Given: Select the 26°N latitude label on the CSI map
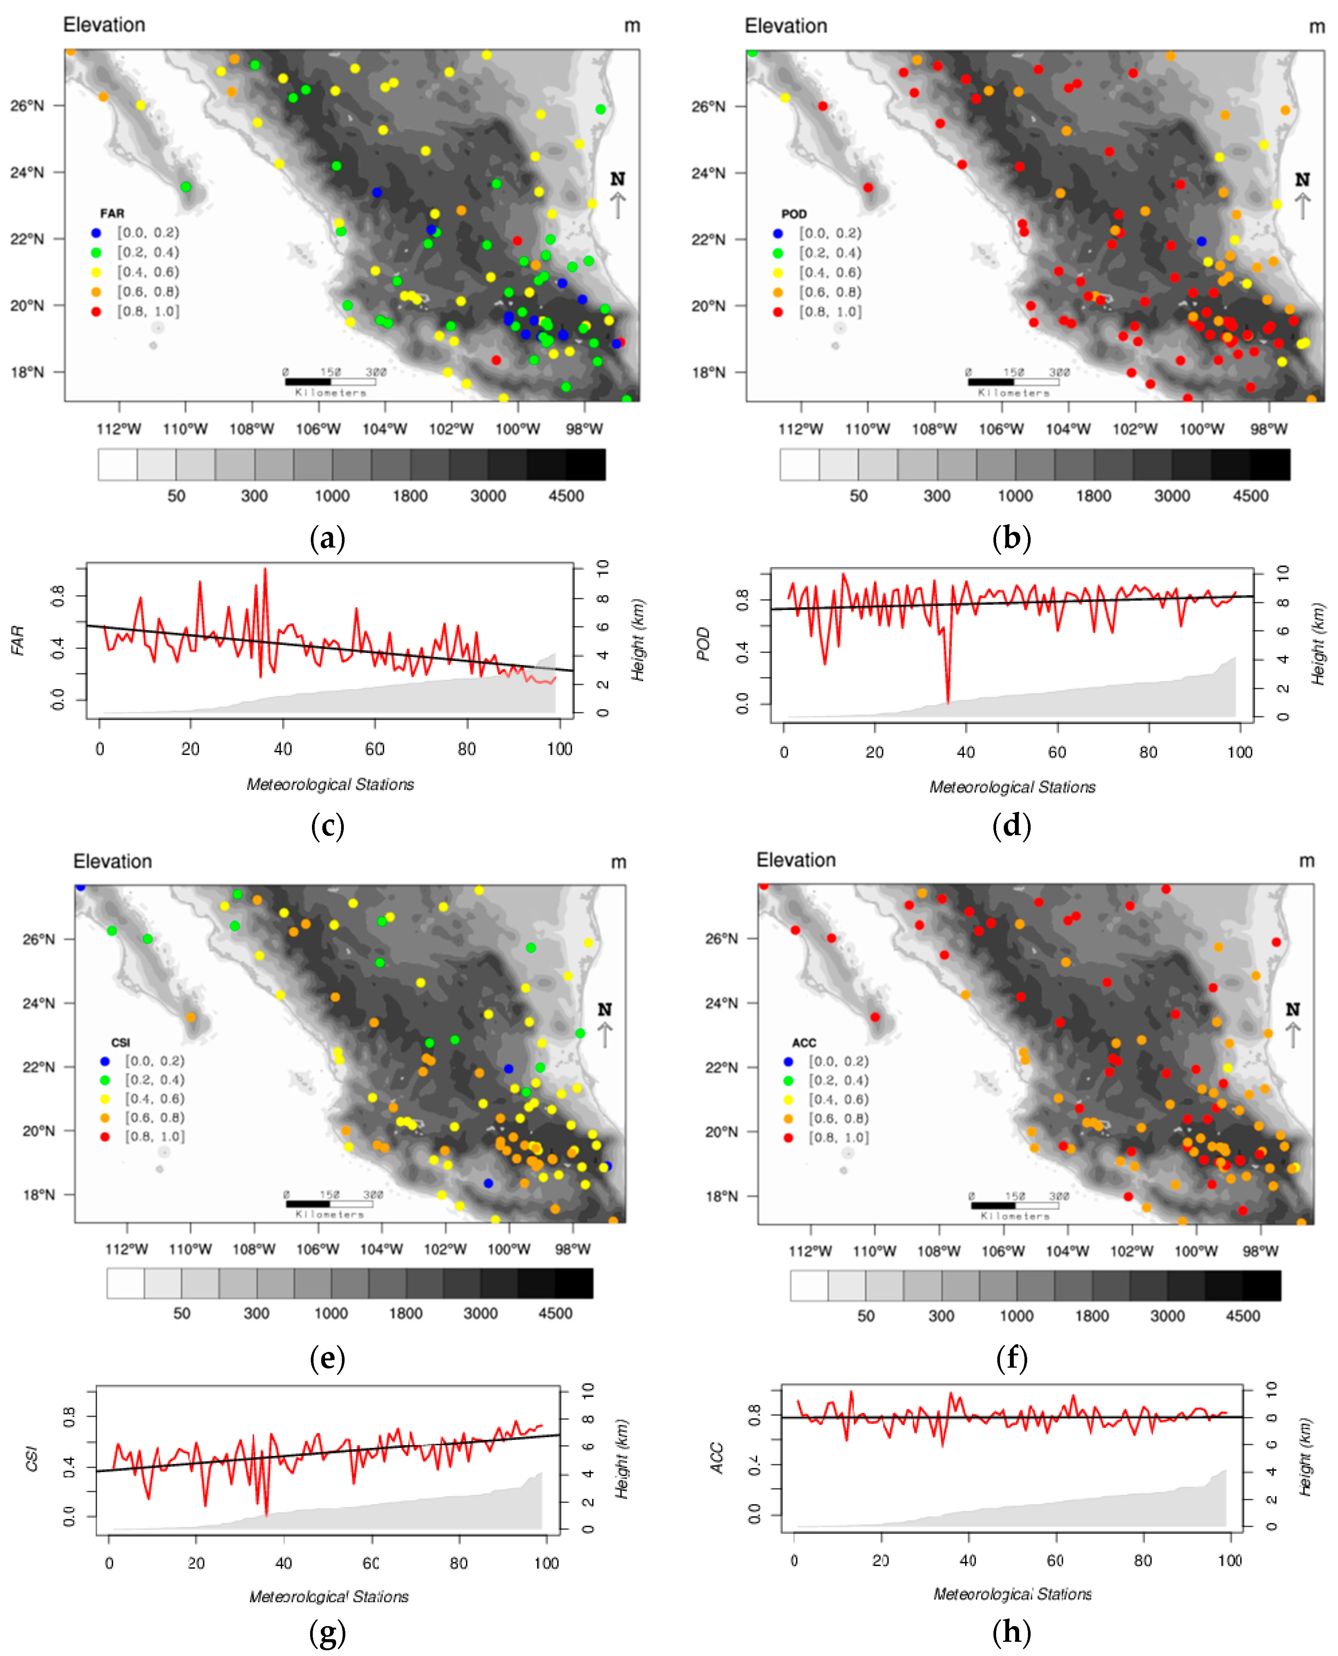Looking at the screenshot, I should pos(39,939).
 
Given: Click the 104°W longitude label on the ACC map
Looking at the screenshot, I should pos(1067,1250).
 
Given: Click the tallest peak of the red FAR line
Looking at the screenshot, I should pos(265,570).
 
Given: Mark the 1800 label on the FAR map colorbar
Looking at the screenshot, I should pos(410,496).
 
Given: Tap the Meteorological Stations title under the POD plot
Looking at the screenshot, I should pos(1012,787).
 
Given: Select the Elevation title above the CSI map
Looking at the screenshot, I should pos(113,861).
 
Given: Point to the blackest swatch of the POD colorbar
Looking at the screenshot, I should pos(1269,465).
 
